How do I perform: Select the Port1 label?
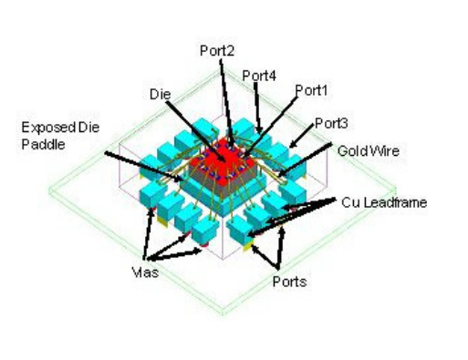pos(311,90)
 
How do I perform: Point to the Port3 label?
pos(330,122)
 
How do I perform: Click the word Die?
pos(158,94)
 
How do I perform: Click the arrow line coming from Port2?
pos(224,100)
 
